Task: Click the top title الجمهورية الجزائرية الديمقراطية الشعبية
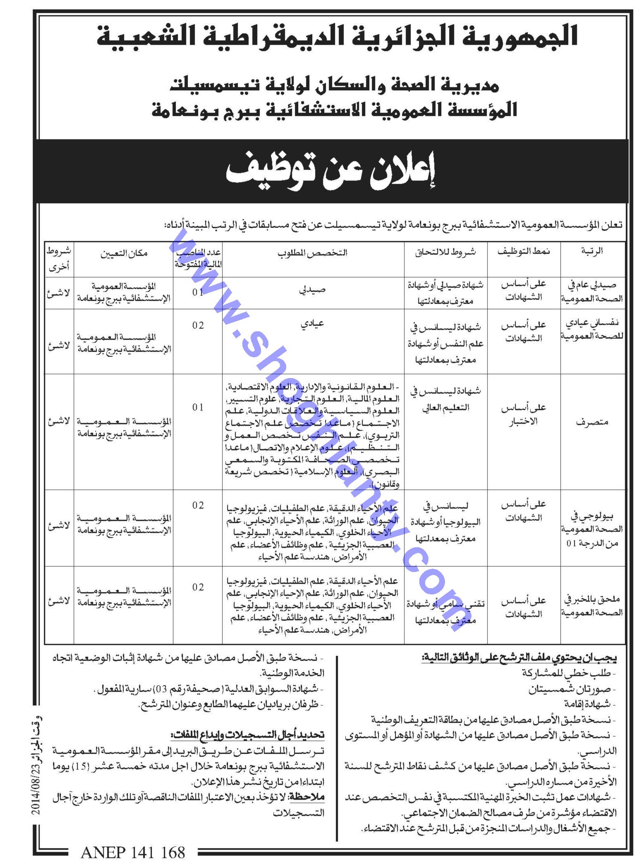337,36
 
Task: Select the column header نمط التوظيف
524,252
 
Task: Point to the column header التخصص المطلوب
313,252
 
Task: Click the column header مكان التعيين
124,253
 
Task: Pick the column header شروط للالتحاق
445,252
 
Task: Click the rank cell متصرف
592,422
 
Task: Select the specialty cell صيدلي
313,290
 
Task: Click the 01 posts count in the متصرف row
198,407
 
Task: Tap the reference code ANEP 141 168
133,851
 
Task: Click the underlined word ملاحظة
307,796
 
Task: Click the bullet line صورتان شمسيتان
572,689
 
